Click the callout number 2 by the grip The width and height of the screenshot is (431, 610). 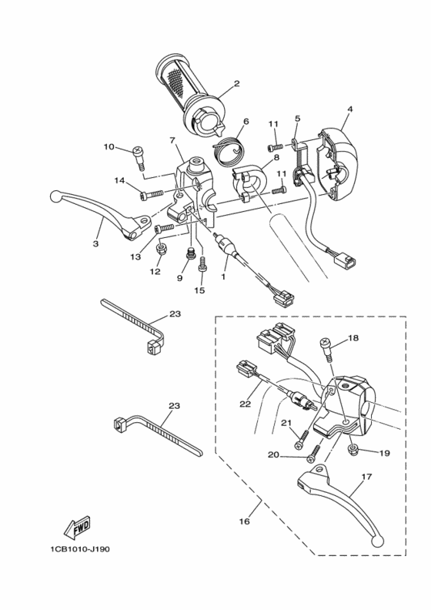point(237,83)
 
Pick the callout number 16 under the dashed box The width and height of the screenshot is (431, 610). point(244,521)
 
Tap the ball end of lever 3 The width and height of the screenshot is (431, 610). point(55,196)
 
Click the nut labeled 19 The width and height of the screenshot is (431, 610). point(351,449)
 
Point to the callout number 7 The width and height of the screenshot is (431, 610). point(173,139)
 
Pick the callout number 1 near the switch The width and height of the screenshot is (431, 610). point(225,275)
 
